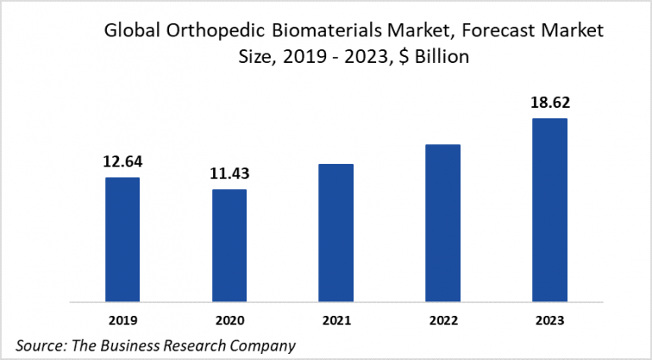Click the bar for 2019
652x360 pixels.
122,239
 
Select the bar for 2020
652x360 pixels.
229,245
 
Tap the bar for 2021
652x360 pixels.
336,232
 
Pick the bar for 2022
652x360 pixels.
442,222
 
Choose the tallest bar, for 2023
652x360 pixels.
549,209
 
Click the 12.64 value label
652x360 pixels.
122,160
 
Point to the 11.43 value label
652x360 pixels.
229,173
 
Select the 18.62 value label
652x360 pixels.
549,102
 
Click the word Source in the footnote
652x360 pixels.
38,345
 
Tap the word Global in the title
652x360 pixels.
127,31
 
